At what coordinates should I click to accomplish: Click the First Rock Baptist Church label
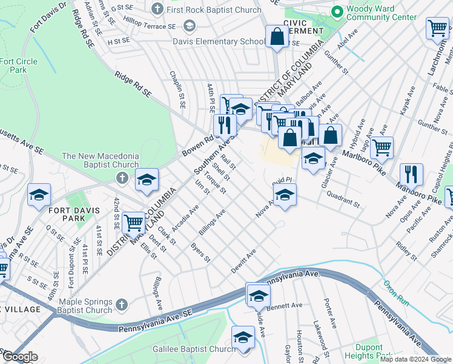[214, 10]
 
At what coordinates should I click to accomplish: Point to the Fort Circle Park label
[18, 66]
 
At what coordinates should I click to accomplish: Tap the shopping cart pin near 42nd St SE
[133, 222]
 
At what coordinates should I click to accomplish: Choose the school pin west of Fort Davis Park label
[39, 195]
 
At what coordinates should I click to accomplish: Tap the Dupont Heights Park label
[369, 352]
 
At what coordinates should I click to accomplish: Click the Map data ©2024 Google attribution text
[415, 359]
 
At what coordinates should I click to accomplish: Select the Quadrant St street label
[343, 195]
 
